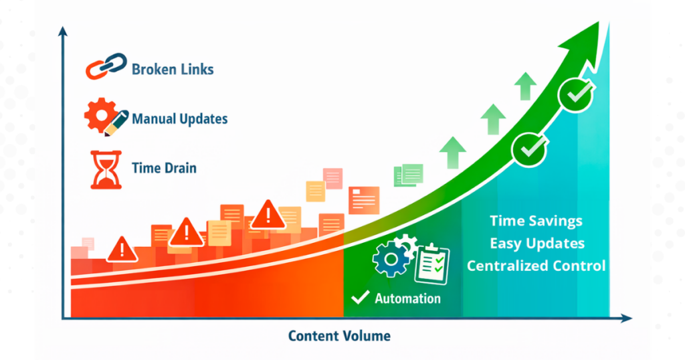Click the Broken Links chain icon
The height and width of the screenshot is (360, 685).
pos(106,66)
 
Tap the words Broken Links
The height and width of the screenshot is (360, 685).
pos(173,70)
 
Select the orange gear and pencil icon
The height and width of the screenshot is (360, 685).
pos(106,116)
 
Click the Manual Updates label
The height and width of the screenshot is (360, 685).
pos(179,119)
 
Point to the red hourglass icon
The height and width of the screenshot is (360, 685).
pos(106,169)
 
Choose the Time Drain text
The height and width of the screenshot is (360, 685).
pos(165,168)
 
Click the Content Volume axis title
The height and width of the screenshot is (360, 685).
pos(339,336)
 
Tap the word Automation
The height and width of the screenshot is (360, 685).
pos(407,298)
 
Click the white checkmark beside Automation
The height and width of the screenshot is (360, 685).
pos(361,298)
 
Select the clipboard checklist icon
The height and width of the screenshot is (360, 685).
pos(432,264)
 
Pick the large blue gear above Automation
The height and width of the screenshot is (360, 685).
pos(391,260)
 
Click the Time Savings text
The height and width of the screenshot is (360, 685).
pos(536,221)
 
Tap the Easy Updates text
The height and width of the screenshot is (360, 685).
pos(537,244)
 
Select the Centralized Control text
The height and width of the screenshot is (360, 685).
pos(536,266)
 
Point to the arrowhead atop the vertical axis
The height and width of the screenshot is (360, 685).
pos(63,31)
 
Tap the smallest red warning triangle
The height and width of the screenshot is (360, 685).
pos(122,249)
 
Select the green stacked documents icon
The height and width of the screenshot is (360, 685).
pos(409,175)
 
